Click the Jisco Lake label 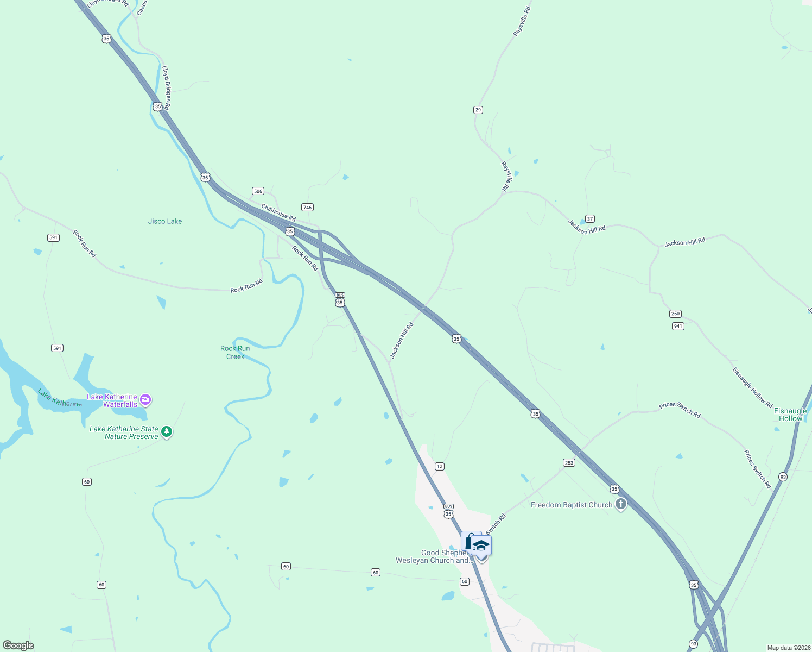coord(165,221)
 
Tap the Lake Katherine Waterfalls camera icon coord(145,400)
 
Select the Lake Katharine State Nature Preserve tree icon coord(167,432)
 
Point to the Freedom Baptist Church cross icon coord(621,504)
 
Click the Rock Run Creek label coord(235,353)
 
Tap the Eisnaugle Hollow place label coord(790,415)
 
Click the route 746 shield coord(307,207)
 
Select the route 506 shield coord(258,191)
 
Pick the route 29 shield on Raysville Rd coord(478,110)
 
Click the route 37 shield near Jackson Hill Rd coord(590,218)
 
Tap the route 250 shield coord(675,314)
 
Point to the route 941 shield coord(678,326)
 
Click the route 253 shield coord(569,463)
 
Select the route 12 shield coord(440,466)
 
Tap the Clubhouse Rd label coord(278,212)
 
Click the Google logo coord(18,645)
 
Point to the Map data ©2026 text coord(789,648)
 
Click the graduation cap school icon coord(481,546)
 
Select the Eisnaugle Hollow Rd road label coord(752,388)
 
